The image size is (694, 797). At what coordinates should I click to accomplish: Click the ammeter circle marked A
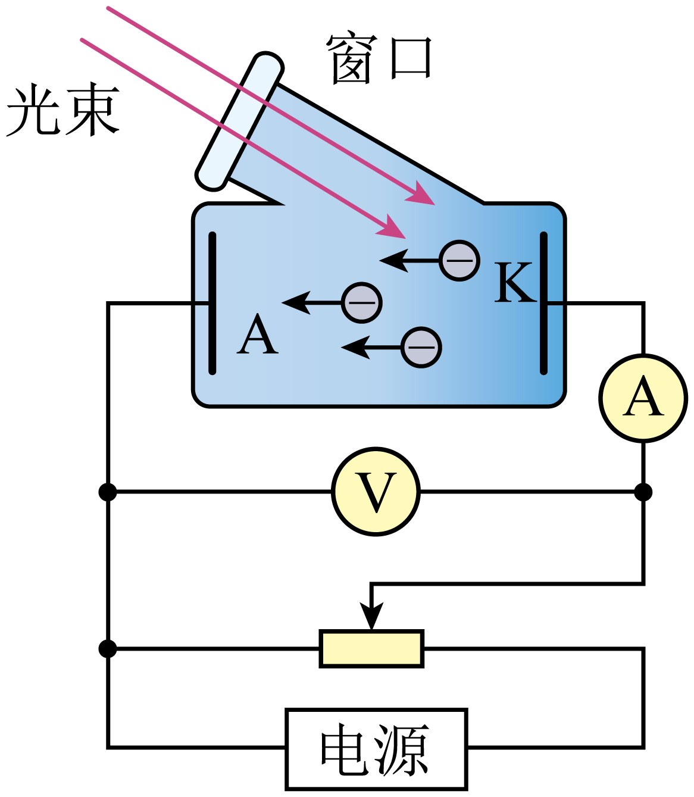643,398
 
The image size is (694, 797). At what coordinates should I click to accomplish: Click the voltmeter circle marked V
376,492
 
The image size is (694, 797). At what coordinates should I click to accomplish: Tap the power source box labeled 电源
376,749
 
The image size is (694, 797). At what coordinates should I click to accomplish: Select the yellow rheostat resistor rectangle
371,648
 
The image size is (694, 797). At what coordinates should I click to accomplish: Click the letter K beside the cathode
513,283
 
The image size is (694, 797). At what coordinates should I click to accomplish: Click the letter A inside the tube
257,335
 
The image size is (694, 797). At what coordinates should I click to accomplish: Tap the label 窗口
379,59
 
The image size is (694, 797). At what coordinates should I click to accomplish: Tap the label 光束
62,111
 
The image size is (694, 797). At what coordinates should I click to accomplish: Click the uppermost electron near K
459,260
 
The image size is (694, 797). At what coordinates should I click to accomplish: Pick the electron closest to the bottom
421,347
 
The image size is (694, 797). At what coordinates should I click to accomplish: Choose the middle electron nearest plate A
362,302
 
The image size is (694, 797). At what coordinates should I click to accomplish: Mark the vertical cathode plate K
543,304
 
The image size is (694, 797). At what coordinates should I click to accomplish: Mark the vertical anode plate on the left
212,304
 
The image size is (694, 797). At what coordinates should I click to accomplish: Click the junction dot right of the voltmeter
643,492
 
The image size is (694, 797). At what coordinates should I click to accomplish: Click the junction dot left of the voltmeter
108,492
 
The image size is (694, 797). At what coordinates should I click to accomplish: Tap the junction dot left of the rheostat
108,648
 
